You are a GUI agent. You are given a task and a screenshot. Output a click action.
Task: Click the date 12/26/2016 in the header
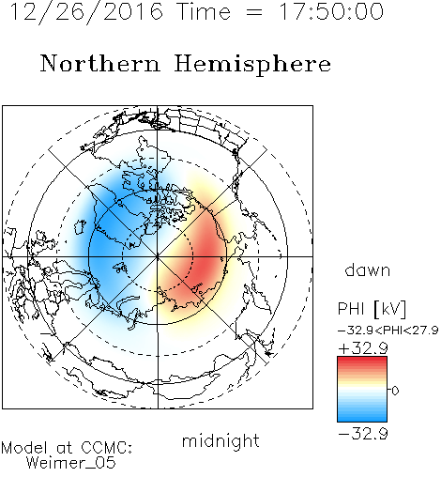[86, 12]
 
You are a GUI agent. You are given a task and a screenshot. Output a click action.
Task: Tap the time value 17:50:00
[331, 11]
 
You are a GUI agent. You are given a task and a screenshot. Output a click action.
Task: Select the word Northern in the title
[100, 64]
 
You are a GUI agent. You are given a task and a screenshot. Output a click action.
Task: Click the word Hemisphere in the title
[252, 65]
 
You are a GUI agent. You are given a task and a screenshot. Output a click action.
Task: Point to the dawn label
[368, 269]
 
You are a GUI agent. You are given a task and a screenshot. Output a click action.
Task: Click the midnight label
[220, 440]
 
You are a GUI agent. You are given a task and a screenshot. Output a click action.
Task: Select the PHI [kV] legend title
[372, 309]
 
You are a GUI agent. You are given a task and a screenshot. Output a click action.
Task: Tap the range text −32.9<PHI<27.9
[388, 331]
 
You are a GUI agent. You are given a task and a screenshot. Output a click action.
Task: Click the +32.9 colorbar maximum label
[363, 348]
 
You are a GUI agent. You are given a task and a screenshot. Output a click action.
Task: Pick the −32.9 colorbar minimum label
[363, 434]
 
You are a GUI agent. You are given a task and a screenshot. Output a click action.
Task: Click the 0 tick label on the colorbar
[395, 391]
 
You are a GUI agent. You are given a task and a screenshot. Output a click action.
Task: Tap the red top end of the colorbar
[362, 359]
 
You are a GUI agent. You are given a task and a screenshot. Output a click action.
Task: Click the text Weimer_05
[71, 463]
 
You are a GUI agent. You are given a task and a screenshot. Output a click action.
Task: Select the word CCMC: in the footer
[106, 448]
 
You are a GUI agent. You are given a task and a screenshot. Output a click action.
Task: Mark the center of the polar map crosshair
[158, 256]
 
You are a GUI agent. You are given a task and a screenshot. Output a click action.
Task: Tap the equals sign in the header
[254, 12]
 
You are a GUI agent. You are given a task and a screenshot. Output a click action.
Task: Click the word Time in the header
[204, 11]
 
